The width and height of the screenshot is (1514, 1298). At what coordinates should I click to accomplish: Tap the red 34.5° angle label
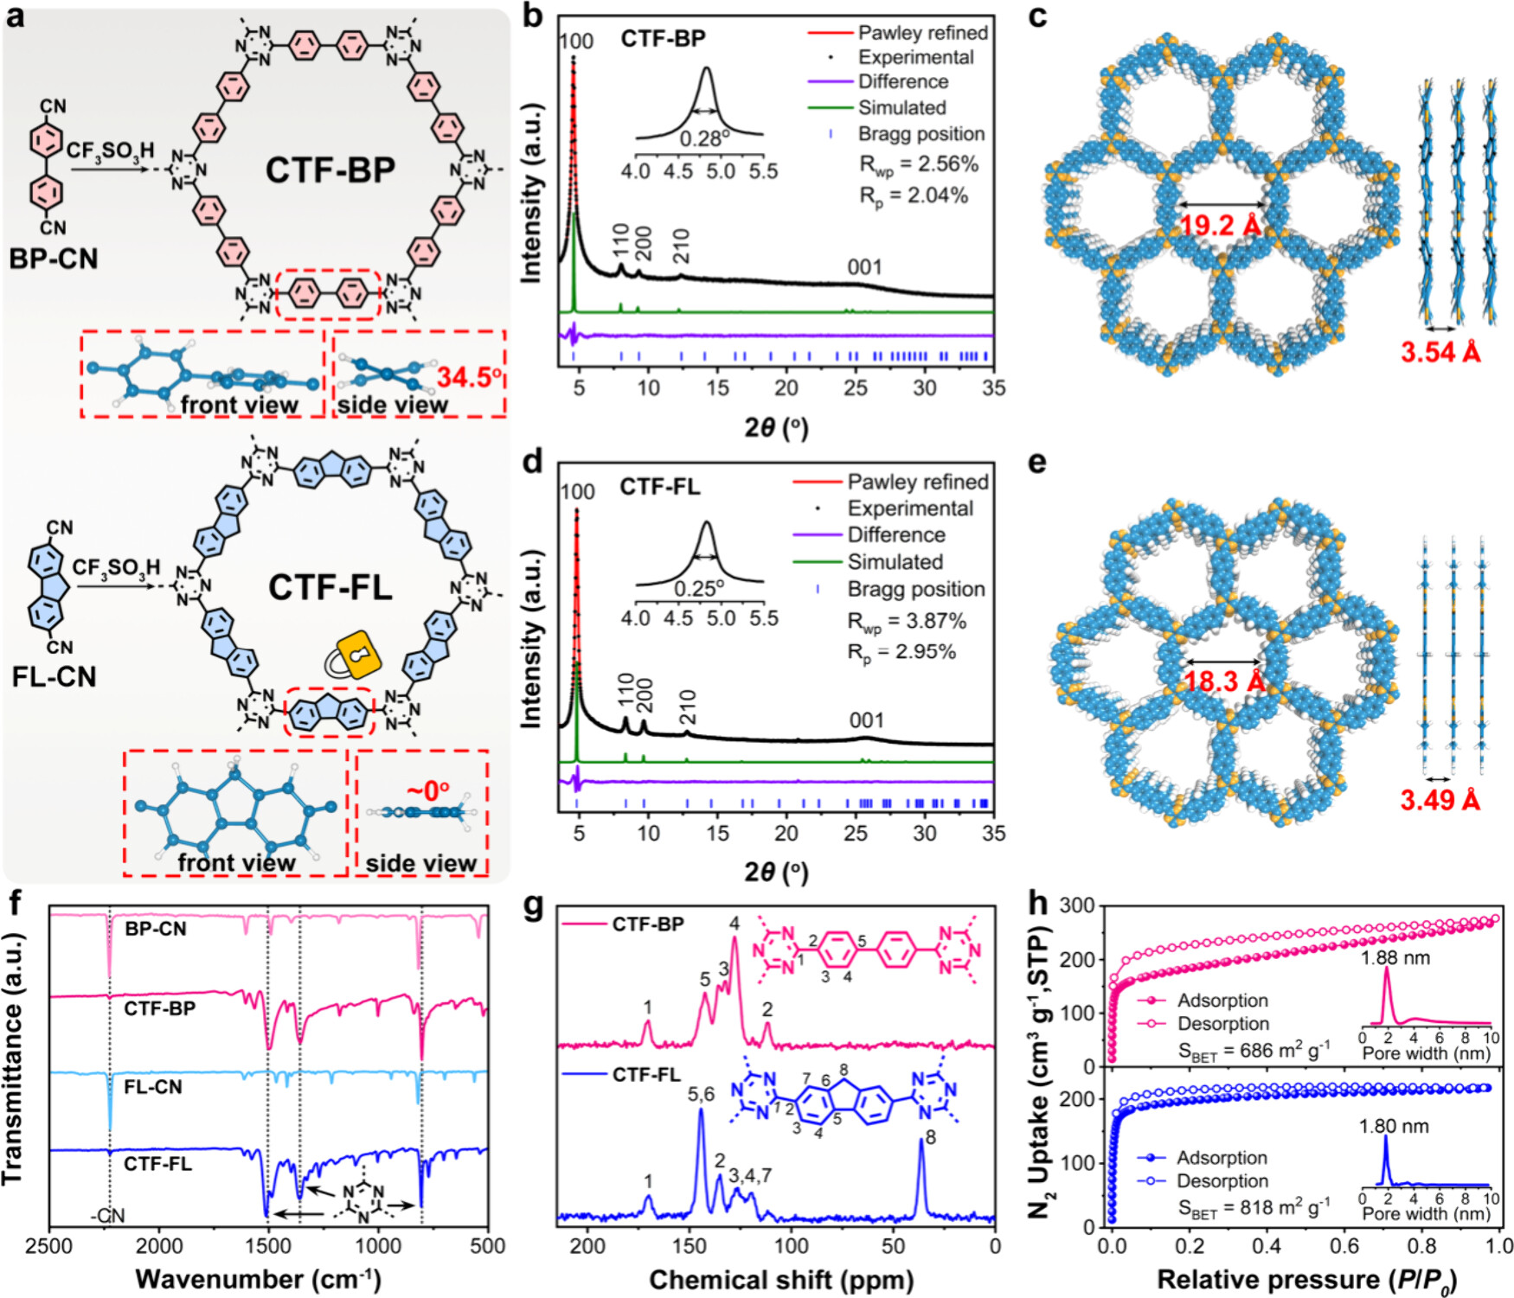tap(470, 377)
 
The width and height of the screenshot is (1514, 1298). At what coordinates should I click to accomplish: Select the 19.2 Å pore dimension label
tap(1221, 227)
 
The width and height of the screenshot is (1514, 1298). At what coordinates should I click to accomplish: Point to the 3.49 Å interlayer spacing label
tap(1440, 801)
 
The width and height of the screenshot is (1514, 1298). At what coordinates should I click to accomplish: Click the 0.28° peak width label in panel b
tap(700, 139)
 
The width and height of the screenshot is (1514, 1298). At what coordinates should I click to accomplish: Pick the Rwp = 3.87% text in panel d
tap(906, 621)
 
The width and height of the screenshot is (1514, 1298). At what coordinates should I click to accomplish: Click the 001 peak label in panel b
tap(864, 267)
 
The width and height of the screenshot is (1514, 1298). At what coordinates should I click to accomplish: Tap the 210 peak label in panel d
tap(688, 707)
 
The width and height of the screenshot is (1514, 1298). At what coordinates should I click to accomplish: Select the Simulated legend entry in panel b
tap(901, 108)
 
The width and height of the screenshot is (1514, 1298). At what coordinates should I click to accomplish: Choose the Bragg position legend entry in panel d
tap(915, 590)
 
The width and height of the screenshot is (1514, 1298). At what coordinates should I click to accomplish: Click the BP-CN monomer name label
tap(54, 259)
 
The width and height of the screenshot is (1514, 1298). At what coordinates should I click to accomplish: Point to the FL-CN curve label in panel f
tap(153, 1087)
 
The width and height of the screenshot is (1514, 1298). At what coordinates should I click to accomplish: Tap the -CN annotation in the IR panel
tap(107, 1216)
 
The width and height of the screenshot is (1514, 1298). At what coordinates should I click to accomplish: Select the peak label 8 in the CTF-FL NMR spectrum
tap(930, 1137)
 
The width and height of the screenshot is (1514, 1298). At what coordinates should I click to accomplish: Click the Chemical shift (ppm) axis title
tap(781, 1280)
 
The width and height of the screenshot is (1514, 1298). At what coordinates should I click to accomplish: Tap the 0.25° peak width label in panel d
tap(699, 589)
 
